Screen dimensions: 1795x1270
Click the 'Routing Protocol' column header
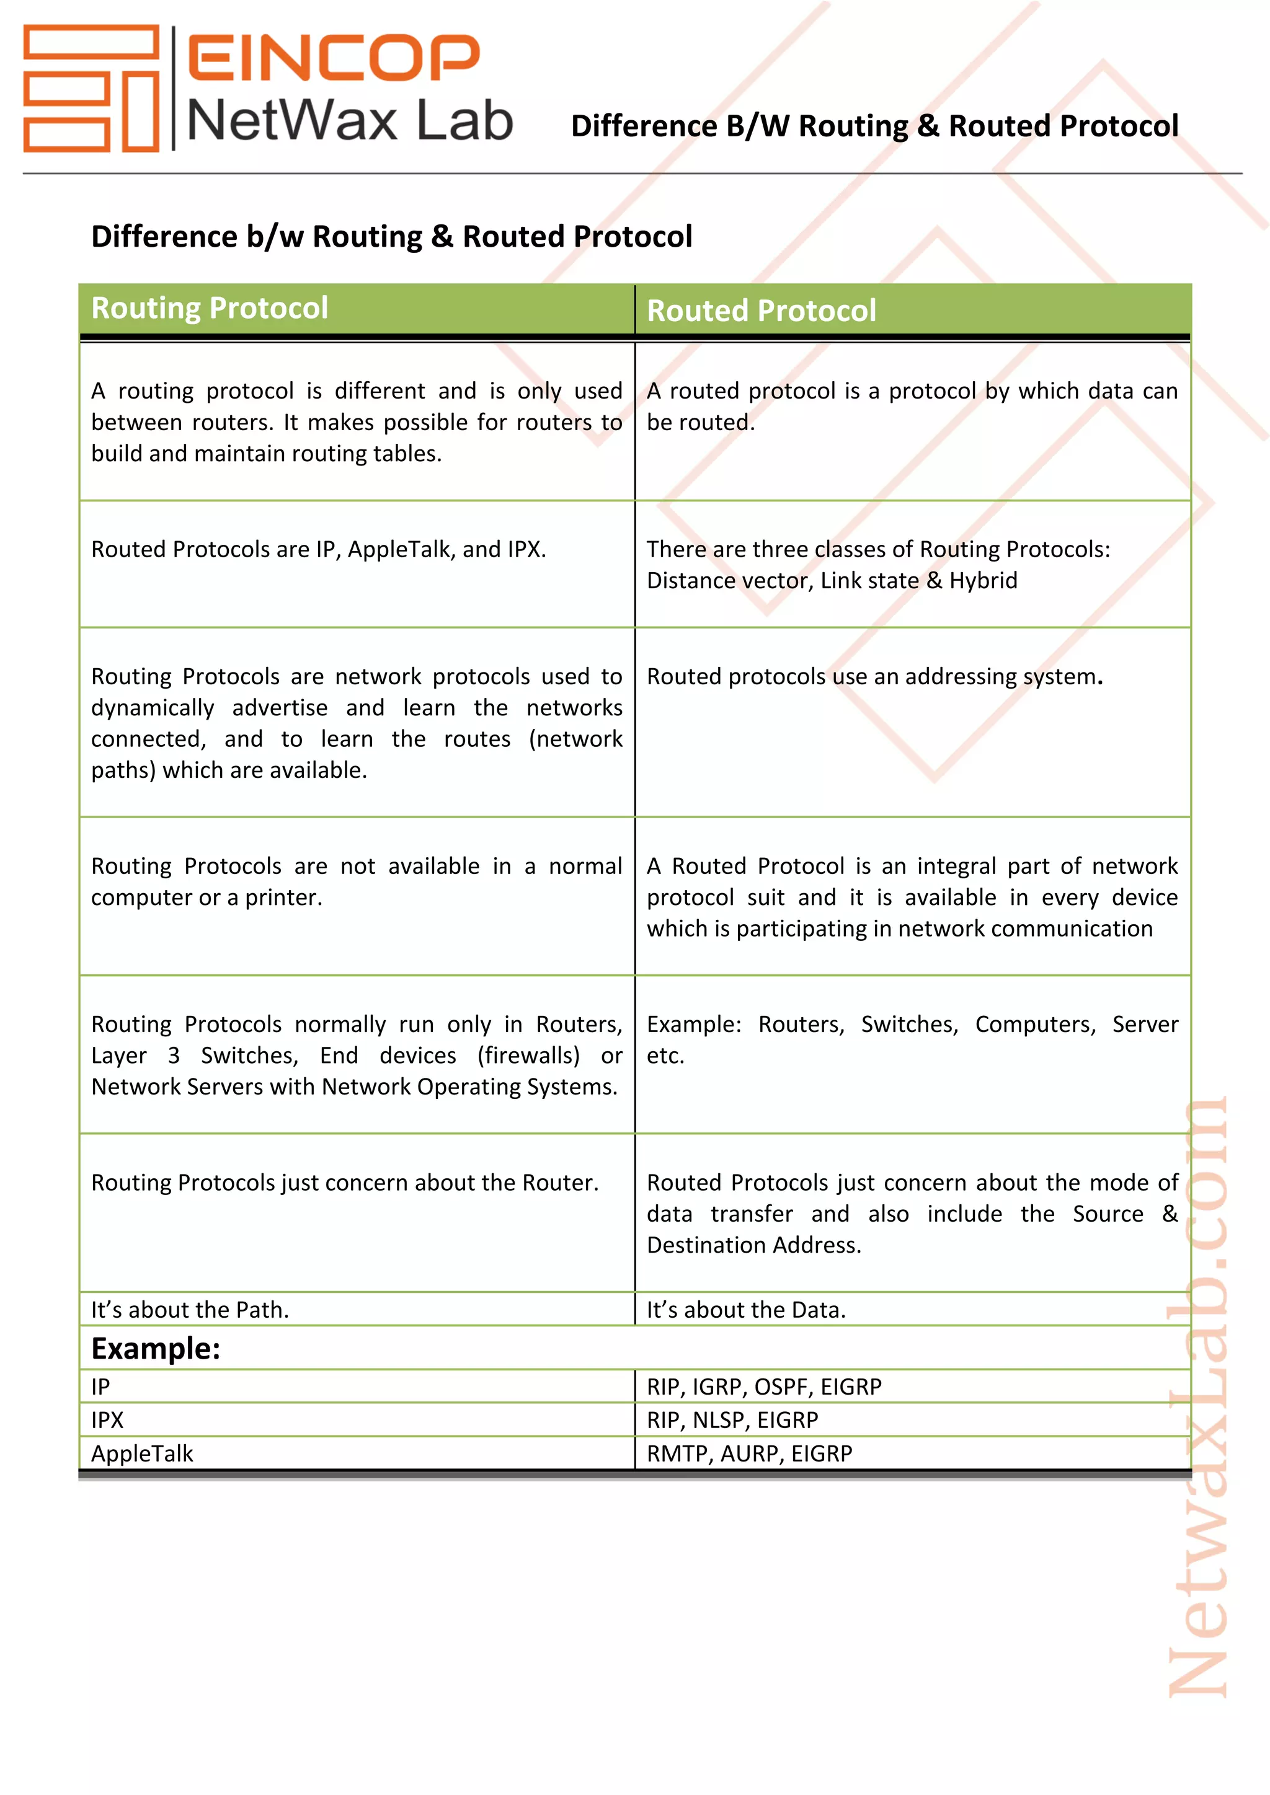(x=210, y=308)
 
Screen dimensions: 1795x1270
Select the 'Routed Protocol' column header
(x=761, y=311)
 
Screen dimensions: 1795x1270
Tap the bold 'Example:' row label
(x=156, y=1349)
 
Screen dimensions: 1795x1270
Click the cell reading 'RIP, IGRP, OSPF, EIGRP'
(x=763, y=1387)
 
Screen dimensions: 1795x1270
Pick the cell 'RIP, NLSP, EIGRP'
(x=732, y=1420)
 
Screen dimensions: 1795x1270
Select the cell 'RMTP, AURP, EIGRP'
(x=748, y=1453)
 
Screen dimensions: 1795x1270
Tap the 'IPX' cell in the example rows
(x=107, y=1420)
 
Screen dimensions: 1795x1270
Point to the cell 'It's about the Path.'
(x=190, y=1310)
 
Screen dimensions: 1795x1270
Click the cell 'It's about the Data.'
(x=745, y=1310)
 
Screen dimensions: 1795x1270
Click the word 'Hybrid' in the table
(x=983, y=581)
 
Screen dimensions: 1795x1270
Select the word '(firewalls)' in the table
(x=528, y=1056)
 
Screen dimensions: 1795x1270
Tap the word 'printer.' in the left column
(x=284, y=897)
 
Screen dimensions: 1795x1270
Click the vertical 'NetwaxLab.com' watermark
(x=1197, y=1400)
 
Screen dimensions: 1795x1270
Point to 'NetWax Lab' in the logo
(x=350, y=121)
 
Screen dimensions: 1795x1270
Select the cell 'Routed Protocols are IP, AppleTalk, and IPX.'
(x=318, y=550)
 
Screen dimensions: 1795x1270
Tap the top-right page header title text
(x=874, y=126)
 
